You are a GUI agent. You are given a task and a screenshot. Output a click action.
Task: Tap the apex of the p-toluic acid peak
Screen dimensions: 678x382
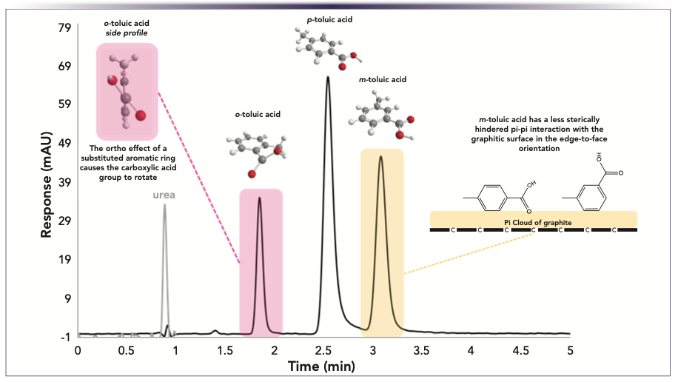327,77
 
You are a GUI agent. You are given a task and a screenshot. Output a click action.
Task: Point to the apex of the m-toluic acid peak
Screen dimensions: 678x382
380,156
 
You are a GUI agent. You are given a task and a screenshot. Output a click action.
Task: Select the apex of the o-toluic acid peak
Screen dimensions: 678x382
259,198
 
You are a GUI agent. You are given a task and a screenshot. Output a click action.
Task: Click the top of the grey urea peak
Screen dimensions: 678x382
164,205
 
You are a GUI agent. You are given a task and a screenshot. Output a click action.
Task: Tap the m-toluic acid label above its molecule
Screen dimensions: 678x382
380,79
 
